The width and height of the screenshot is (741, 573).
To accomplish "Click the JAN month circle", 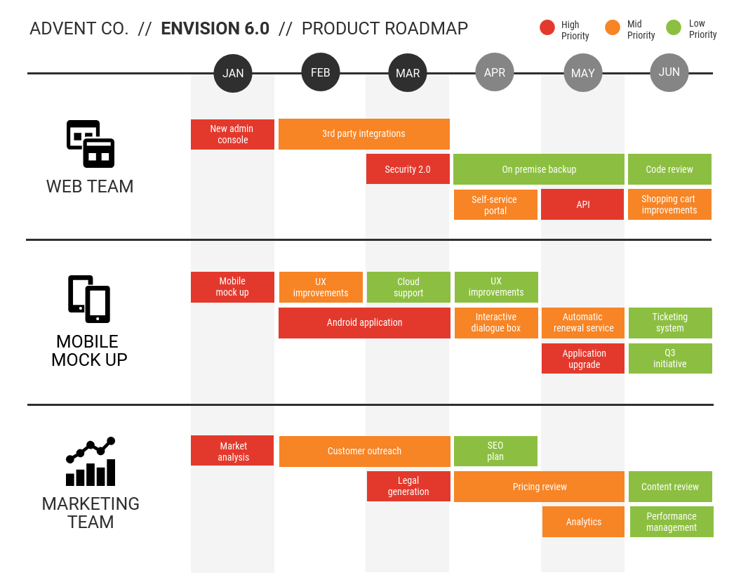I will pyautogui.click(x=233, y=73).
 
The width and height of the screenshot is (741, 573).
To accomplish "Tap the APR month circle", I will pyautogui.click(x=495, y=72).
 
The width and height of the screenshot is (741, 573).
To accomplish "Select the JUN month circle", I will pyautogui.click(x=669, y=72).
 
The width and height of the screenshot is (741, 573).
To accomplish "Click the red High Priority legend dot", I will pyautogui.click(x=547, y=28).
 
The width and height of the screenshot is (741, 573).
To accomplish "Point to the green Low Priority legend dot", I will pyautogui.click(x=674, y=28).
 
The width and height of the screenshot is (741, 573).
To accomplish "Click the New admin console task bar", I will pyautogui.click(x=232, y=134).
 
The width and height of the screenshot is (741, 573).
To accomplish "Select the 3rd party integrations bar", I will pyautogui.click(x=363, y=134).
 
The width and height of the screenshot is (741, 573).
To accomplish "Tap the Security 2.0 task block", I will pyautogui.click(x=408, y=169).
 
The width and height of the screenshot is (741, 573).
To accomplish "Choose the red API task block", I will pyautogui.click(x=582, y=204).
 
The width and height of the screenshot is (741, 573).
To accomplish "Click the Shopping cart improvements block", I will pyautogui.click(x=669, y=204).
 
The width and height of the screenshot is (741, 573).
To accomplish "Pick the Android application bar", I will pyautogui.click(x=364, y=323).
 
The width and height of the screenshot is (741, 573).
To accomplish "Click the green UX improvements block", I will pyautogui.click(x=496, y=287).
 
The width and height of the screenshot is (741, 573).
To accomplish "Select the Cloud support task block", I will pyautogui.click(x=408, y=287).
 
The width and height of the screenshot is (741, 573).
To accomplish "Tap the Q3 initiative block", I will pyautogui.click(x=670, y=358).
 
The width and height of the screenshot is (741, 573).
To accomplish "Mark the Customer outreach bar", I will pyautogui.click(x=364, y=452).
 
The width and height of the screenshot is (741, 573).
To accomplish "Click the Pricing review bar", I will pyautogui.click(x=539, y=487).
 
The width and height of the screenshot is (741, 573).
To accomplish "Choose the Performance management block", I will pyautogui.click(x=672, y=522).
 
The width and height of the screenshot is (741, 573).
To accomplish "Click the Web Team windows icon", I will pyautogui.click(x=91, y=144).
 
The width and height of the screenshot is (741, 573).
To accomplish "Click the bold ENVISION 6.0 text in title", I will pyautogui.click(x=215, y=29).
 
